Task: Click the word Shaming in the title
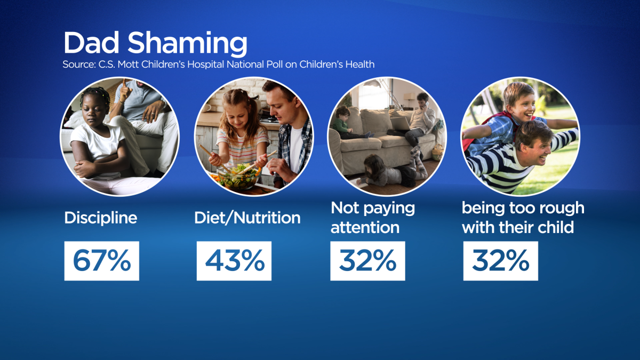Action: click(x=187, y=44)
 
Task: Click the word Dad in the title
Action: click(x=91, y=42)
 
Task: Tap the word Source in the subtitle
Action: click(x=79, y=65)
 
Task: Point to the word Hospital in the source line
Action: click(x=205, y=65)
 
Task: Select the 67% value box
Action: click(x=102, y=261)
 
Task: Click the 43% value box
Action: click(x=234, y=261)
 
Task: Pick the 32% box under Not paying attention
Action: click(x=367, y=261)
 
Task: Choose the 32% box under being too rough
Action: click(x=501, y=261)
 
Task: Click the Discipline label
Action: click(x=101, y=218)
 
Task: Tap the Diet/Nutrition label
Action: click(x=247, y=218)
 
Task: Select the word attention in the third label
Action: click(x=365, y=228)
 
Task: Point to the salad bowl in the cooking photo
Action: click(x=239, y=177)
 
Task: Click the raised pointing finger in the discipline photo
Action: click(x=124, y=85)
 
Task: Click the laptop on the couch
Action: click(x=400, y=123)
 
